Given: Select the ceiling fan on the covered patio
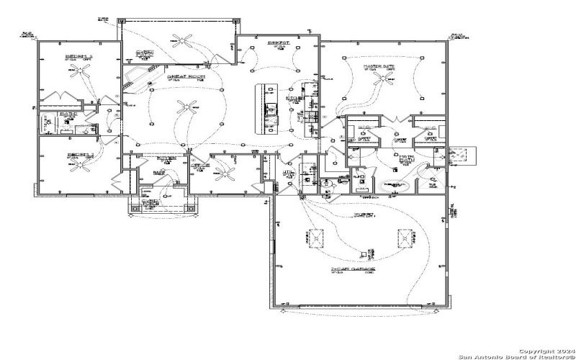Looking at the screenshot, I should [x=186, y=40].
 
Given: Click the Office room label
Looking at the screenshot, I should [x=200, y=165].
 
